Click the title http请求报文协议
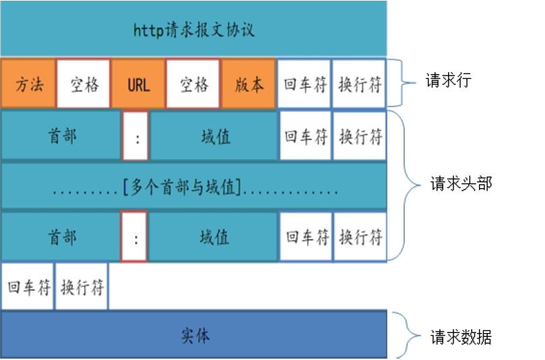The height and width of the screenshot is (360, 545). click(194, 31)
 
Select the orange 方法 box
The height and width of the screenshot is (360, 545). click(28, 85)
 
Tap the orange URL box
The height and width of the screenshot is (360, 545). click(138, 85)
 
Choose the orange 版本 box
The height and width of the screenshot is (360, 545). click(249, 85)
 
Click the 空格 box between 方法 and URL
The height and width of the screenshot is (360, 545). click(84, 85)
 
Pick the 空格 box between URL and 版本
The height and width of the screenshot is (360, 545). click(193, 85)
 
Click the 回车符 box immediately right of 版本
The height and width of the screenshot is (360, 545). click(304, 85)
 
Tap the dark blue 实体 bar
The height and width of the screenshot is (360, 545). click(194, 334)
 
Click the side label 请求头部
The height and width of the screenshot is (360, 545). click(461, 183)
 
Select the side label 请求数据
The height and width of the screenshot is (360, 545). click(461, 336)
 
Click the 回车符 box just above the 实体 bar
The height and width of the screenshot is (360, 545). click(28, 287)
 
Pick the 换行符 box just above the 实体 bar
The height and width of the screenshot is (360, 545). click(82, 287)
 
